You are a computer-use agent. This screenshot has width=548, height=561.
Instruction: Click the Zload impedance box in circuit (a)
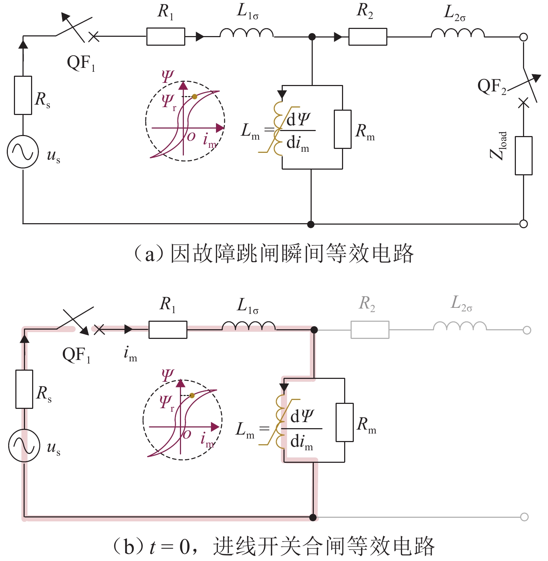523,156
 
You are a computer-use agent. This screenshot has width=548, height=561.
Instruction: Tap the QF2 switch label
492,86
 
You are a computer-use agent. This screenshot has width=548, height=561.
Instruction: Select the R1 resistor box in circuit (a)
166,36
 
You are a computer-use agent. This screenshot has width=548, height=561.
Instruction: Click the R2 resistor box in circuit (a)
368,36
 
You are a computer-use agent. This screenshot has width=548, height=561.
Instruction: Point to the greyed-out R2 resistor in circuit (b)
370,330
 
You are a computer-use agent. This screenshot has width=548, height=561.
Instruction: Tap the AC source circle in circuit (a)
23,152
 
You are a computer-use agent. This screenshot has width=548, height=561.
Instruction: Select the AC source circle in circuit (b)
24,446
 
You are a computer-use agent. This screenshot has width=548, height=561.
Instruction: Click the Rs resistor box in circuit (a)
23,95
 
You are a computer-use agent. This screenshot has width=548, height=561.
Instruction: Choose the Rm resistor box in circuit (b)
345,422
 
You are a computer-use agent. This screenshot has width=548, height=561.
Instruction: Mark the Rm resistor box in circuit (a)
343,129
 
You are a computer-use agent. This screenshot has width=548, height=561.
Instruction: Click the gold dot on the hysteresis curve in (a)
195,96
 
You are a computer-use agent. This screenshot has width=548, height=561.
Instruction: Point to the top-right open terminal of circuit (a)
524,37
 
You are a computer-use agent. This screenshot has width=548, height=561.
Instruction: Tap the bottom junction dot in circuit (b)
313,517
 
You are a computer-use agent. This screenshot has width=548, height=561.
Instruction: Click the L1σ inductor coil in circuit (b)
249,326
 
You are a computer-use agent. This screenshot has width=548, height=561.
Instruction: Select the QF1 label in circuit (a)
81,64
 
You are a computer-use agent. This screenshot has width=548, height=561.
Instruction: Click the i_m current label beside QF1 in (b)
130,354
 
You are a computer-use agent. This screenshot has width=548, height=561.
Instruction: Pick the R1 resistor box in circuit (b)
168,330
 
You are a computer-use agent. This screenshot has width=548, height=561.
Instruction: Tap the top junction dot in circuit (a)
312,36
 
